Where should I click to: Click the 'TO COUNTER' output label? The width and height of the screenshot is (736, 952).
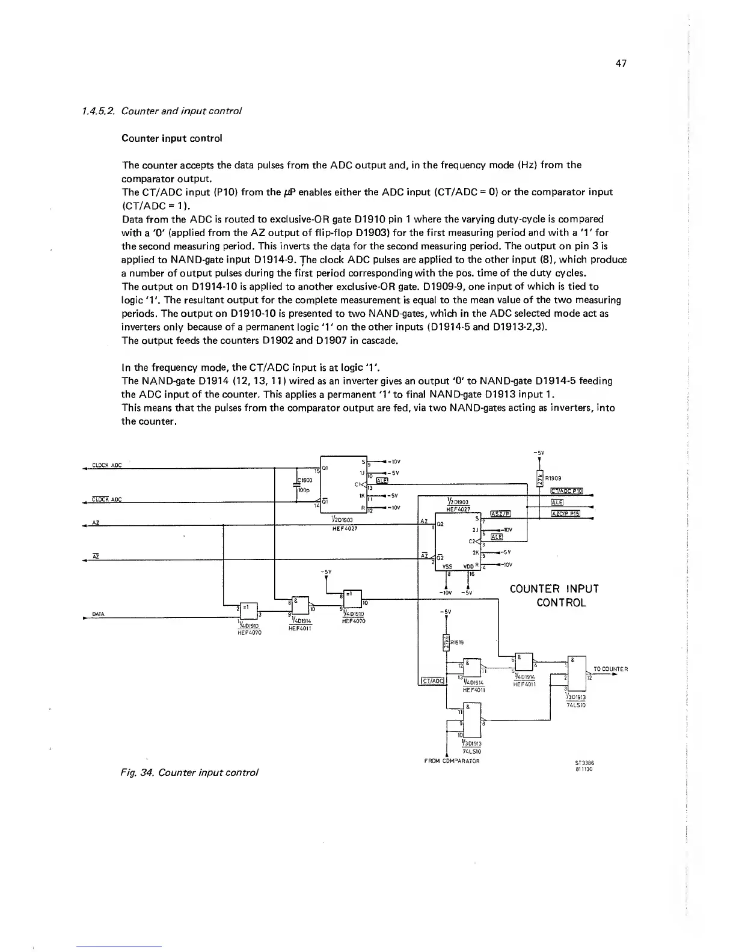pos(610,669)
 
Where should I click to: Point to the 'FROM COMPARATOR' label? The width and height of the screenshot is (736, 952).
pos(451,761)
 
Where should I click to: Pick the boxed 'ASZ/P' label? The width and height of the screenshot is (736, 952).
pos(500,513)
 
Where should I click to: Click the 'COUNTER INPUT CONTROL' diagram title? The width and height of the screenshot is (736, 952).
pos(554,595)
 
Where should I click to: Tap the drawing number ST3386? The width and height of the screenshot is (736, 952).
pos(583,761)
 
